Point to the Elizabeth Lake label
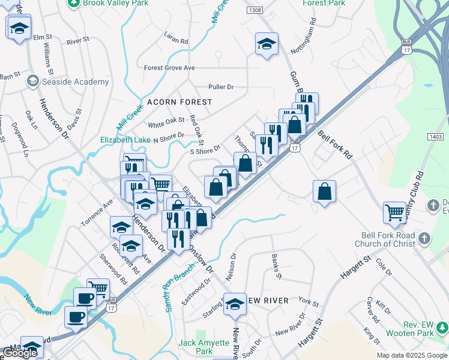tap(125, 139)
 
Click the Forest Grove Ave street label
tap(169, 68)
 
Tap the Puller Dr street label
tap(220, 87)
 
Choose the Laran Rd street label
tap(176, 37)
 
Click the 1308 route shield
tap(255, 11)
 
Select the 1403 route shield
tap(436, 137)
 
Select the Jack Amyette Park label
tap(204, 347)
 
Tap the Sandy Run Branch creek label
tap(173, 288)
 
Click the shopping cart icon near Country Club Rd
tap(394, 211)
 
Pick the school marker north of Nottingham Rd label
tap(266, 44)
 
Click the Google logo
tap(20, 352)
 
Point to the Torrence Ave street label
tap(97, 212)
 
